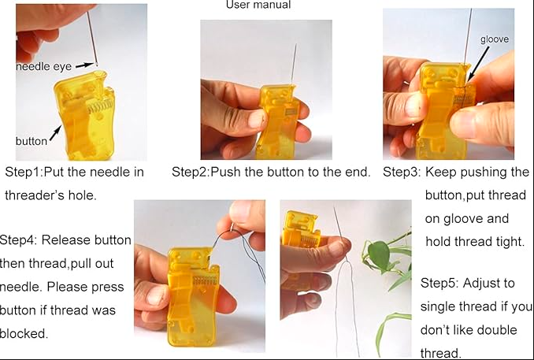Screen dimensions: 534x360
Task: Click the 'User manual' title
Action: click(x=258, y=5)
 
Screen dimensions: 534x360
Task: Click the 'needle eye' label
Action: click(x=43, y=66)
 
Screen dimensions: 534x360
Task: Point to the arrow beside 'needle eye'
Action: click(x=84, y=65)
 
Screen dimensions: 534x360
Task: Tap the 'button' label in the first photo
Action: click(x=32, y=141)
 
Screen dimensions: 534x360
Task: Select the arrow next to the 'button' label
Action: click(x=55, y=132)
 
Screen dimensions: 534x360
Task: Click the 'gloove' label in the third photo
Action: click(x=495, y=39)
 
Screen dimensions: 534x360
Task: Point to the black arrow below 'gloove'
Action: click(x=478, y=65)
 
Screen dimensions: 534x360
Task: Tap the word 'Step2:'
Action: click(x=191, y=172)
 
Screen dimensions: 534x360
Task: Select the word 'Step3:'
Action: click(x=402, y=172)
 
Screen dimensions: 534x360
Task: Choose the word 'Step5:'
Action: click(x=440, y=283)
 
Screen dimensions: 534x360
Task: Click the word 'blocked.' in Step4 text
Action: click(x=24, y=333)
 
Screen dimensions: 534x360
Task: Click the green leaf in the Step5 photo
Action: click(x=378, y=254)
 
